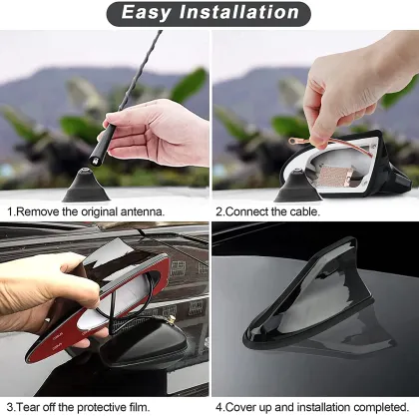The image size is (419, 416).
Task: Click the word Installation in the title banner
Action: pos(240,13)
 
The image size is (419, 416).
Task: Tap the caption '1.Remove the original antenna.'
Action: pos(86,211)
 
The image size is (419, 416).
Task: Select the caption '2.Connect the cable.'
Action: pos(268,211)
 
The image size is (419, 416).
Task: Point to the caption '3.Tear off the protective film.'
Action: pos(79,407)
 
